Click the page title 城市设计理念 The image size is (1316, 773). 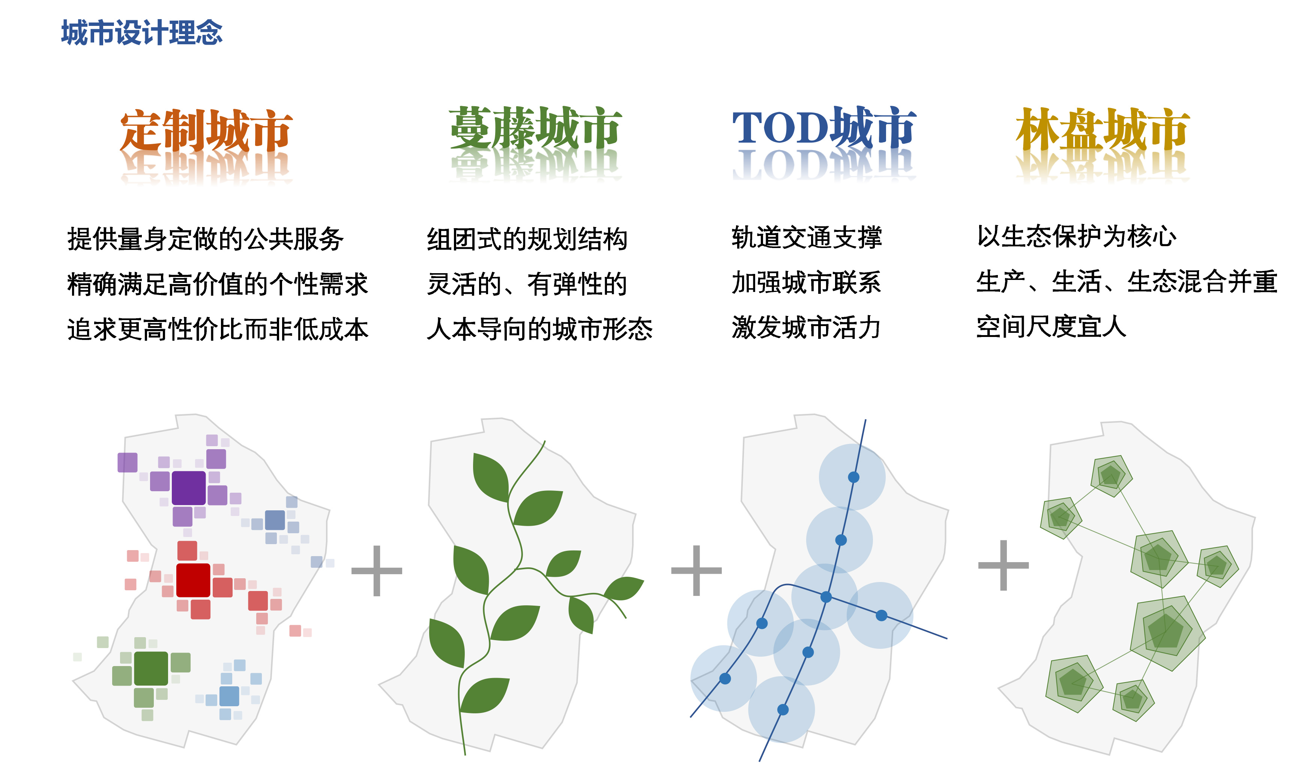click(141, 32)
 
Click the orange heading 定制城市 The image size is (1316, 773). click(206, 131)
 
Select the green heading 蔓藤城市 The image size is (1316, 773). click(535, 128)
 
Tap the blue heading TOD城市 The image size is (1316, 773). click(824, 128)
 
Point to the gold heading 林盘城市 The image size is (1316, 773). click(1103, 129)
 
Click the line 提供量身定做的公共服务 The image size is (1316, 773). click(205, 239)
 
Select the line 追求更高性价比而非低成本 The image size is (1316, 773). click(218, 329)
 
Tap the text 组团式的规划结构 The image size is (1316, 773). click(527, 239)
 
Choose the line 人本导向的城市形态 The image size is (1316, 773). click(539, 329)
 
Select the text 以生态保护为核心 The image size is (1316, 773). click(1076, 237)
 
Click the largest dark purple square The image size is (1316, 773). click(189, 488)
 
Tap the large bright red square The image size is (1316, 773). click(193, 580)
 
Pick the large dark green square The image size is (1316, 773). click(151, 669)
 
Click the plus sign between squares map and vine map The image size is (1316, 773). click(377, 571)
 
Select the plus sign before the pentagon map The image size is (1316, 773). click(1003, 565)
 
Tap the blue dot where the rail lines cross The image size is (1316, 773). click(826, 597)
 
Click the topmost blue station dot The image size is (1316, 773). click(853, 477)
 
